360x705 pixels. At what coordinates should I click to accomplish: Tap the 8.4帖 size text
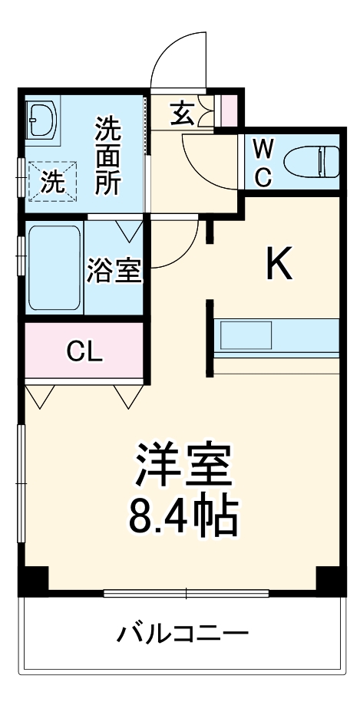tap(183, 518)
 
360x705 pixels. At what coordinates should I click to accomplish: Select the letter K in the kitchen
tap(279, 265)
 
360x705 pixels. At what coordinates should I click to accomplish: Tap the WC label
tap(262, 162)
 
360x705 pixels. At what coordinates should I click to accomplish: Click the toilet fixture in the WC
tap(311, 162)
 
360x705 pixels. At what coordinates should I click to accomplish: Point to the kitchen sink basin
tap(246, 334)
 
